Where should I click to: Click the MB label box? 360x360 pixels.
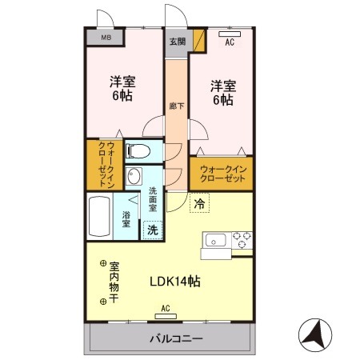coord(106,37)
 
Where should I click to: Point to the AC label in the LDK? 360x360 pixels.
coord(165,307)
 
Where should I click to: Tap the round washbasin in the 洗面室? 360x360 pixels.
coord(136,177)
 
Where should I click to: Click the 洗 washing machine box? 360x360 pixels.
coord(151,229)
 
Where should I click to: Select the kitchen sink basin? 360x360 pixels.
coord(217,239)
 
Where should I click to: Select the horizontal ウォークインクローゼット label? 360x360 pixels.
coord(222,173)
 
